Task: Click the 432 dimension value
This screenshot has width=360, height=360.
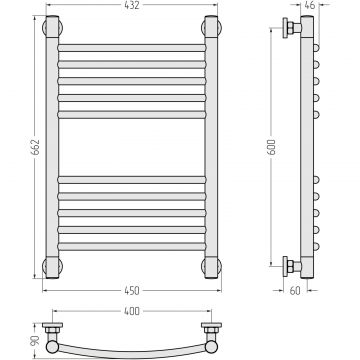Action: [132, 5]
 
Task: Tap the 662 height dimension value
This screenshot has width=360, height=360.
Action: [35, 147]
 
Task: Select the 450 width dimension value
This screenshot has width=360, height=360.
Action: [132, 291]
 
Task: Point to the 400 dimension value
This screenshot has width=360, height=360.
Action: [132, 311]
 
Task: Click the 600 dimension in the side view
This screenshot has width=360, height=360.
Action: [272, 147]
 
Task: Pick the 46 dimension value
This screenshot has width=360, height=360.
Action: [310, 5]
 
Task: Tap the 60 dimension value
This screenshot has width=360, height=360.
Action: [295, 291]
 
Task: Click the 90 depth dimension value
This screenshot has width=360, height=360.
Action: [35, 341]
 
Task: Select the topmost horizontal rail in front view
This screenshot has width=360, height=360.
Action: [132, 48]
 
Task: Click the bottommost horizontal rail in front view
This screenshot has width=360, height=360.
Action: [132, 247]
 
